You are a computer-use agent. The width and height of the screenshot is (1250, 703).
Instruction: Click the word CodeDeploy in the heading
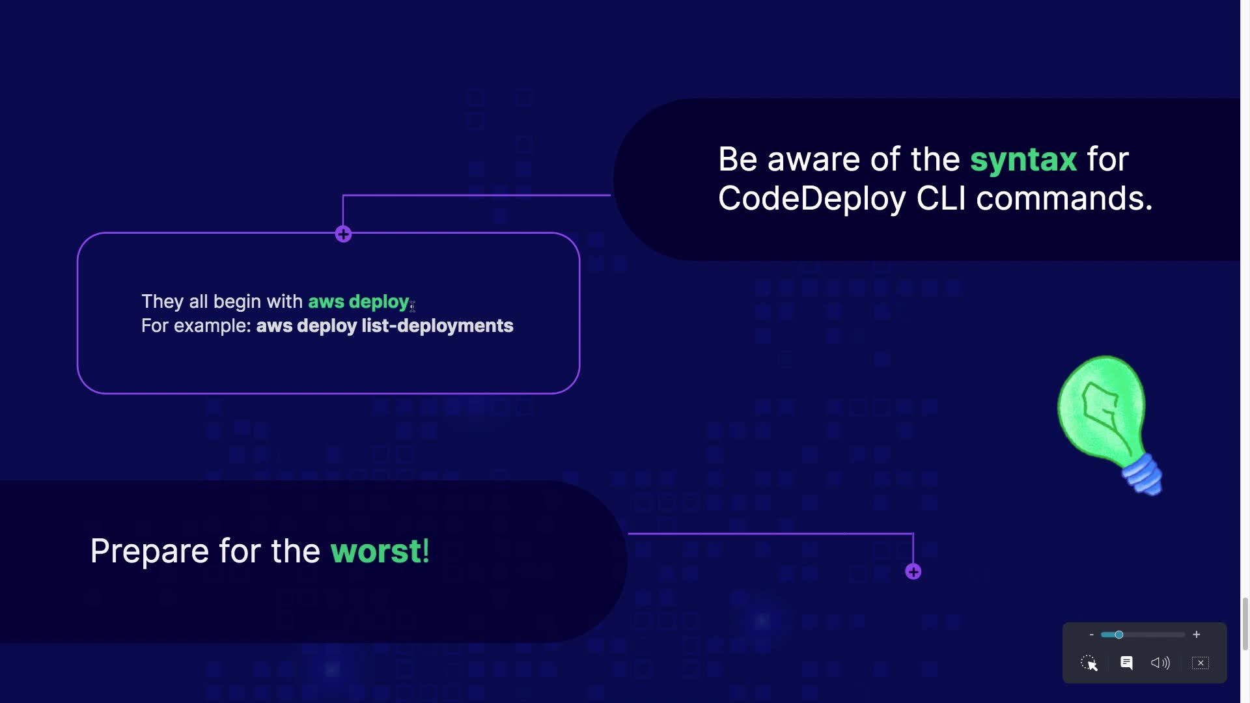(x=812, y=199)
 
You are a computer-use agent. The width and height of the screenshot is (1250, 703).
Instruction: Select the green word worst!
(x=380, y=551)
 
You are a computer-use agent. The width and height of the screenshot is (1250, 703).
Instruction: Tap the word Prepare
(x=150, y=552)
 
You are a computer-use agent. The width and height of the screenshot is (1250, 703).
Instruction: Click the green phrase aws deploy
(x=359, y=302)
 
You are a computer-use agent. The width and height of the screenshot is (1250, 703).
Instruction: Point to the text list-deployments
(x=437, y=326)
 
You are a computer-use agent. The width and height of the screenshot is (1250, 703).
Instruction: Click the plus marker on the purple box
(x=344, y=234)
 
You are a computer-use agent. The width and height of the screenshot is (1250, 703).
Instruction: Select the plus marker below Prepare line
(x=913, y=572)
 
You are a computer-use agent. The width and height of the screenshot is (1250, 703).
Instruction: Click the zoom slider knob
(x=1118, y=635)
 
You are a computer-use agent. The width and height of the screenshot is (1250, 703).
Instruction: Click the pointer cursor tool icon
(x=1089, y=663)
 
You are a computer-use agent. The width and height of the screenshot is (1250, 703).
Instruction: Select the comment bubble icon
(x=1126, y=663)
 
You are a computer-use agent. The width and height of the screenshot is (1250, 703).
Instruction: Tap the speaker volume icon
(x=1160, y=663)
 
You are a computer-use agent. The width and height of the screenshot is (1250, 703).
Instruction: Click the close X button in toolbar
(x=1201, y=663)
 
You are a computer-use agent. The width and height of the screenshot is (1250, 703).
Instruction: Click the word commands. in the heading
(x=1064, y=199)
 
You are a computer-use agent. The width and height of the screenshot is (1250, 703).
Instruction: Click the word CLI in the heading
(x=941, y=199)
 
